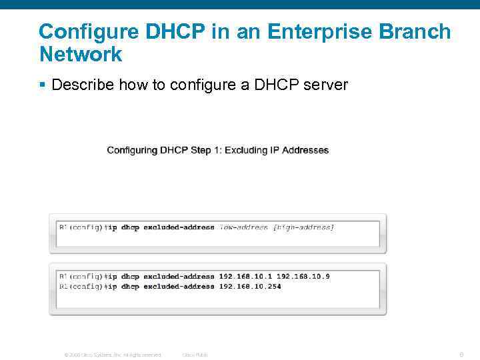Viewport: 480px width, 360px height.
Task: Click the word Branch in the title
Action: pyautogui.click(x=417, y=31)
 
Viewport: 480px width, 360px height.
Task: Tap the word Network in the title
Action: pyautogui.click(x=81, y=55)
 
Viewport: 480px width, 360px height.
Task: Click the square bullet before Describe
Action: pyautogui.click(x=42, y=85)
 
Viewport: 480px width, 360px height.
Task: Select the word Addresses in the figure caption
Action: pyautogui.click(x=305, y=150)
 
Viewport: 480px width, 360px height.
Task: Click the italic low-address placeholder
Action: pyautogui.click(x=243, y=227)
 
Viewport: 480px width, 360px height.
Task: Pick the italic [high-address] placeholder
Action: pyautogui.click(x=303, y=227)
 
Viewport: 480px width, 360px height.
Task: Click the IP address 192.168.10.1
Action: pyautogui.click(x=245, y=276)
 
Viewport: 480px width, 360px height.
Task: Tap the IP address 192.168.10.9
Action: pyautogui.click(x=303, y=276)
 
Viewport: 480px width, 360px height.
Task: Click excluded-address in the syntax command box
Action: pyautogui.click(x=179, y=227)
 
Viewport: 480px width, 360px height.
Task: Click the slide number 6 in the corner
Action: pyautogui.click(x=461, y=354)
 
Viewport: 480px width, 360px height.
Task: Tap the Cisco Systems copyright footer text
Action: pyautogui.click(x=112, y=355)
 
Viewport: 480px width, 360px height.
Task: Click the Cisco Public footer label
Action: pyautogui.click(x=195, y=355)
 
